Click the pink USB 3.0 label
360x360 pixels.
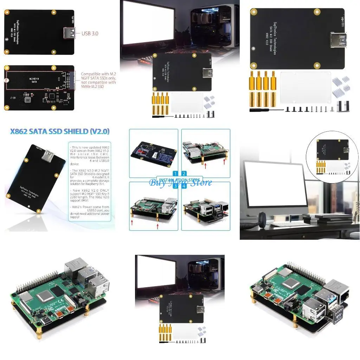(x=90, y=33)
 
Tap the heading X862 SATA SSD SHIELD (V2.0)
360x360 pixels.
(x=60, y=131)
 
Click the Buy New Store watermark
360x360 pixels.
(x=180, y=182)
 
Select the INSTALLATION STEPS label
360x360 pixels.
(x=180, y=180)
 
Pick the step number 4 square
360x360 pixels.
(x=184, y=186)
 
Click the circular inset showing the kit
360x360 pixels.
(x=333, y=157)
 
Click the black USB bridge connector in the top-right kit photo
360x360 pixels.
(x=343, y=106)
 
